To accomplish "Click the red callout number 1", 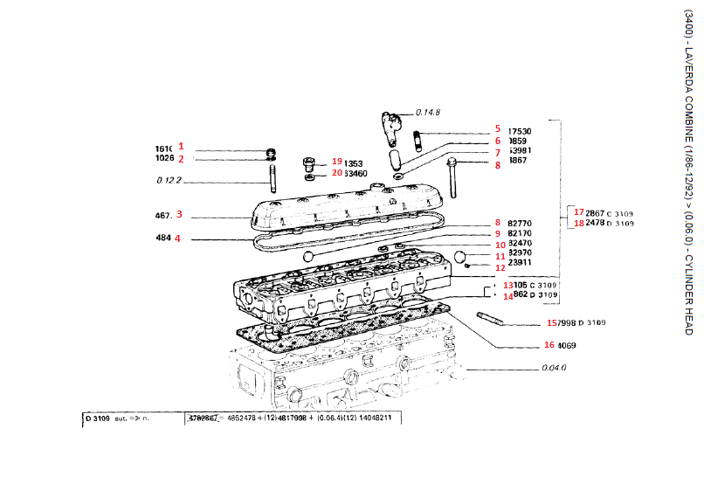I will point(182,146).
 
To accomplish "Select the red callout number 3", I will point(179,213).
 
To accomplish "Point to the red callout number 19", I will point(337,162).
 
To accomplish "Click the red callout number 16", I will point(549,344).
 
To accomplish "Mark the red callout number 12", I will point(501,268).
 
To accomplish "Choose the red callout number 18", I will point(578,224).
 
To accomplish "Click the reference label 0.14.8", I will point(428,112).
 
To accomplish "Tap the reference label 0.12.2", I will point(169,181).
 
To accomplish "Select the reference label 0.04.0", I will point(555,368).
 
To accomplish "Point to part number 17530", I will point(520,131).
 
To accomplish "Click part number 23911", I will point(520,262).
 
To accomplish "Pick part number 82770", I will point(520,224).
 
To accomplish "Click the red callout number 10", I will point(501,245).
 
